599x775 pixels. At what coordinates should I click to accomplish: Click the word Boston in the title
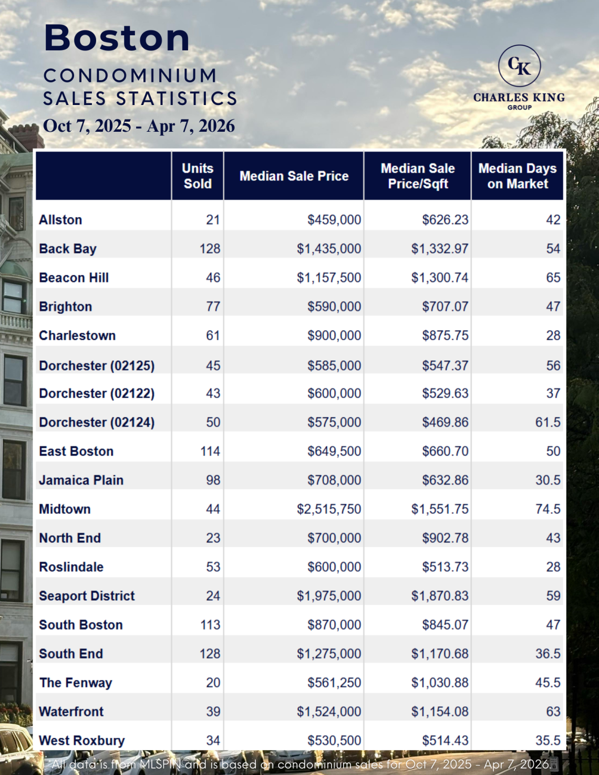[x=117, y=38]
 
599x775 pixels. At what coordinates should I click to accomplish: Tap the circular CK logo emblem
[x=519, y=66]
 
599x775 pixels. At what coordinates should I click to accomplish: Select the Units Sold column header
[x=198, y=176]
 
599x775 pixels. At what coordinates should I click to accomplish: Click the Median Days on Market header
[x=517, y=176]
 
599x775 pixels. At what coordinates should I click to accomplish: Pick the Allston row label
[x=60, y=220]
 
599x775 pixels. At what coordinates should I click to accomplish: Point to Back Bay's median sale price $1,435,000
[x=329, y=249]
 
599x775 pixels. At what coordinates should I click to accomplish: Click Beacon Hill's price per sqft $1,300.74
[x=439, y=278]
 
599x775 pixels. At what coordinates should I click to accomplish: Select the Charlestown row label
[x=77, y=336]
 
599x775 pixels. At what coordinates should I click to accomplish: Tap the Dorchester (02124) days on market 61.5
[x=548, y=422]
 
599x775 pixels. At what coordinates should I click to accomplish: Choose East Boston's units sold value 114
[x=210, y=451]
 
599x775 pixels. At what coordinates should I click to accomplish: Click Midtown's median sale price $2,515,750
[x=329, y=509]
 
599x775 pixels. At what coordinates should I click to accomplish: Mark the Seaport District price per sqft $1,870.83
[x=439, y=596]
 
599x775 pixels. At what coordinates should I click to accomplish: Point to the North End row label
[x=70, y=538]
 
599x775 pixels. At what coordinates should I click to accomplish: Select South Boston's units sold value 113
[x=210, y=625]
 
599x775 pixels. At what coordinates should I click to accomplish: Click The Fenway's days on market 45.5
[x=548, y=683]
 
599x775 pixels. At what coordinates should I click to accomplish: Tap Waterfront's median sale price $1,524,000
[x=329, y=711]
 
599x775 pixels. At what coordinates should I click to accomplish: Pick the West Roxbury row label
[x=82, y=740]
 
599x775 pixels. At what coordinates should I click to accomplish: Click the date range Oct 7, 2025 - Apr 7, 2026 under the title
[x=139, y=126]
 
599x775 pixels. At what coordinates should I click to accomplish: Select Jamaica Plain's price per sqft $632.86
[x=445, y=480]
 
